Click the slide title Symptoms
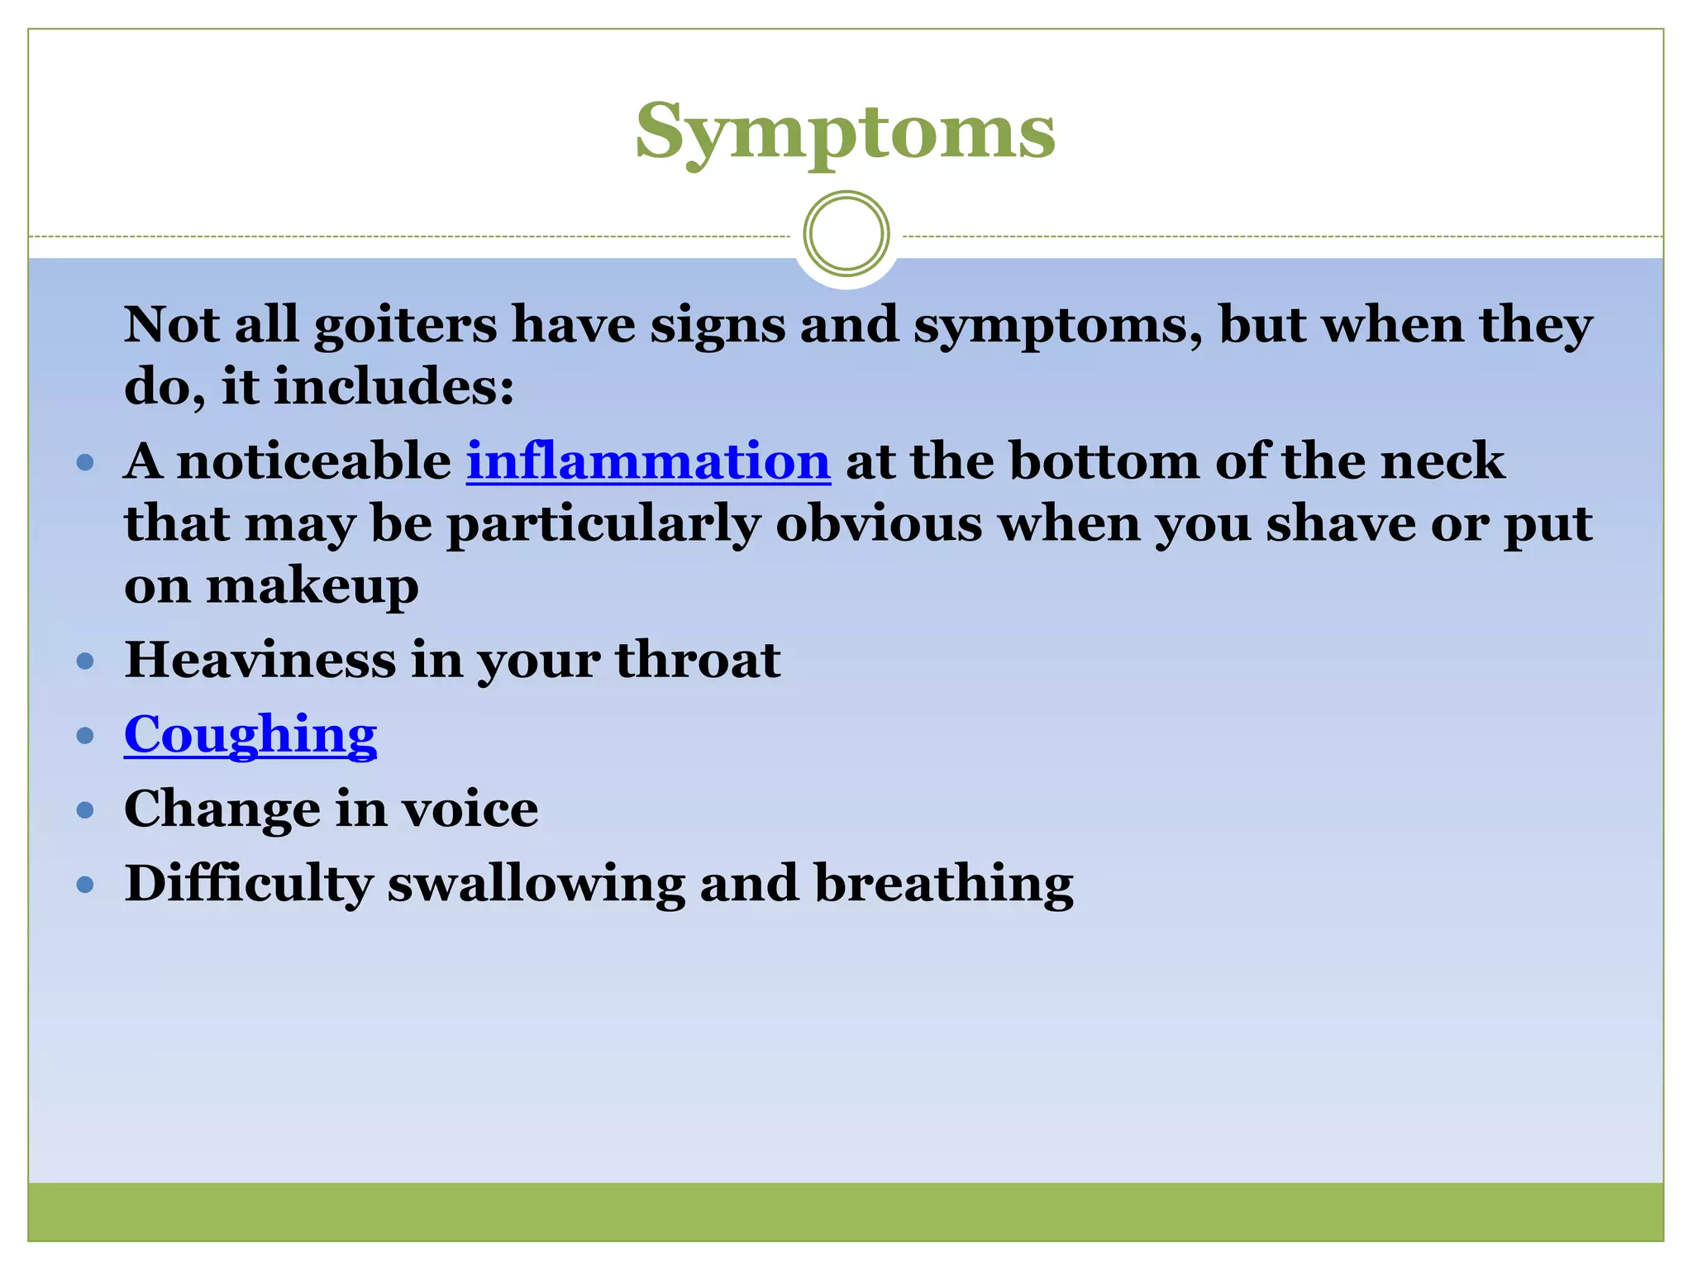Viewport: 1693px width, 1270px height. click(845, 132)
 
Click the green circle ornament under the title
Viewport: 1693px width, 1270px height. click(846, 234)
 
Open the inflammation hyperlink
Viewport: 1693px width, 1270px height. click(648, 461)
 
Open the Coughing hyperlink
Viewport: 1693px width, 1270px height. click(250, 734)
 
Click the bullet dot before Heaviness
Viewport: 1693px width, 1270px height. click(85, 661)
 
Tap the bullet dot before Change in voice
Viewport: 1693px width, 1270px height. click(85, 809)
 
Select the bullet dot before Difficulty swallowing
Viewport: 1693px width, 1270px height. click(85, 885)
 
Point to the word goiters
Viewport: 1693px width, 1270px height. click(405, 324)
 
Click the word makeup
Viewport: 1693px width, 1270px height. click(312, 587)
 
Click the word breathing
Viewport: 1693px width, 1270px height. click(944, 884)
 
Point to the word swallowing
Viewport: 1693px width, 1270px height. click(537, 884)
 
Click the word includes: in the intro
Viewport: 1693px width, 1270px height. click(394, 386)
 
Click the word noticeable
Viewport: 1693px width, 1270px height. click(315, 461)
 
